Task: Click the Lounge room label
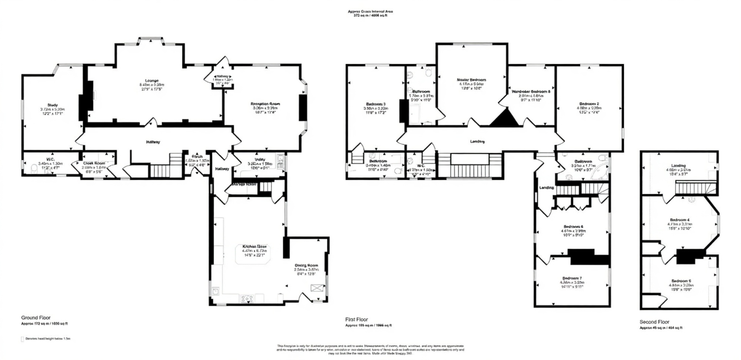[152, 81]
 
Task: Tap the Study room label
[52, 105]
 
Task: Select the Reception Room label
[265, 104]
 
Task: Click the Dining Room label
[306, 266]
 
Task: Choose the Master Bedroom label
[471, 80]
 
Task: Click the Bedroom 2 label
[589, 104]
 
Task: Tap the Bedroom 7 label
[572, 278]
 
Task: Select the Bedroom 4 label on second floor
[680, 220]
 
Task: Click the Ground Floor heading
[36, 318]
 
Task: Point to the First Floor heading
[356, 319]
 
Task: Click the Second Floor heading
[654, 322]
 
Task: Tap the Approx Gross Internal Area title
[370, 11]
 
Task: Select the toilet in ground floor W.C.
[34, 169]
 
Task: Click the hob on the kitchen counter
[247, 298]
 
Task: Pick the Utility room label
[260, 160]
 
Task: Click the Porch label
[197, 157]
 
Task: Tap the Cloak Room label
[94, 163]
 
